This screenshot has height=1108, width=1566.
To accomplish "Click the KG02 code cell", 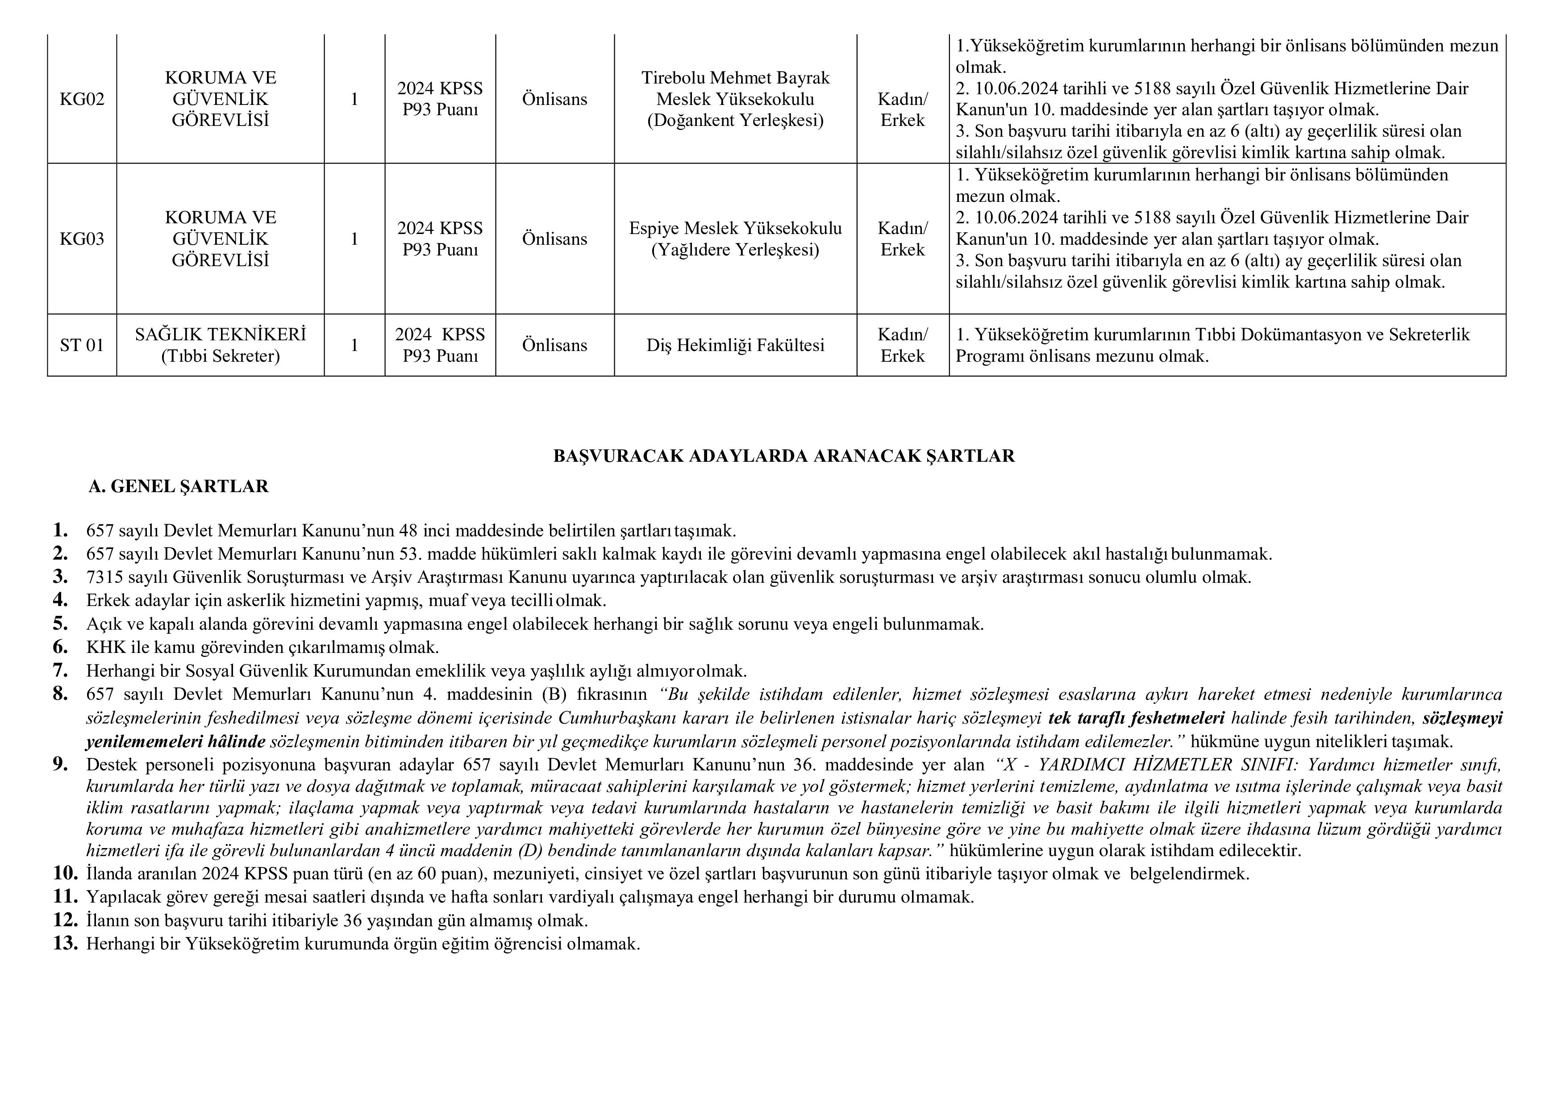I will pyautogui.click(x=82, y=100).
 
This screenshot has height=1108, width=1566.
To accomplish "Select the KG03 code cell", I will pyautogui.click(x=82, y=239).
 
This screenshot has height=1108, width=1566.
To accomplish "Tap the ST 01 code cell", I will pyautogui.click(x=82, y=345).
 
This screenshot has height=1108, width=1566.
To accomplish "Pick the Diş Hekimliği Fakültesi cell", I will pyautogui.click(x=735, y=345).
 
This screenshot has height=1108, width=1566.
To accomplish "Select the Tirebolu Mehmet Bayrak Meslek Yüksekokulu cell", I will pyautogui.click(x=735, y=99).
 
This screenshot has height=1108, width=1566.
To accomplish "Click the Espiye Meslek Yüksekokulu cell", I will pyautogui.click(x=735, y=239).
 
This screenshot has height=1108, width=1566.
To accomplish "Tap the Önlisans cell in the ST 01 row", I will pyautogui.click(x=554, y=345).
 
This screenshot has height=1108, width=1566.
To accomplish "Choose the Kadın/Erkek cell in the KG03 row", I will pyautogui.click(x=902, y=239).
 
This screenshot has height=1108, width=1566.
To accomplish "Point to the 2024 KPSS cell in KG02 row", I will pyautogui.click(x=440, y=99).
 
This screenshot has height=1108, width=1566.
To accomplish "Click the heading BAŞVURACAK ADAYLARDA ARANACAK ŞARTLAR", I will pyautogui.click(x=784, y=456).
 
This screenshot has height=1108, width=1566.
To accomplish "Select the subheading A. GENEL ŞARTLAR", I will pyautogui.click(x=179, y=486).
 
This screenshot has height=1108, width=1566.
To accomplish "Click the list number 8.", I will pyautogui.click(x=61, y=694).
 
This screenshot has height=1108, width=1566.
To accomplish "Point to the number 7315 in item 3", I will pyautogui.click(x=104, y=577).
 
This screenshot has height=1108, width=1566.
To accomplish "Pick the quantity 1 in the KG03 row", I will pyautogui.click(x=354, y=239).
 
